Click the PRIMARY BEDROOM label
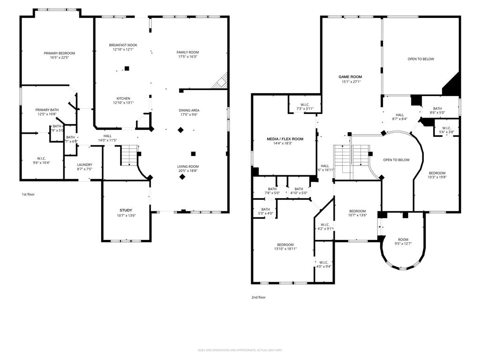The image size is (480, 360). point(59,53)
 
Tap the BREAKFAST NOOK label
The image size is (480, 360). point(123,45)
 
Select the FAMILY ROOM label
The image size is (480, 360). point(187,52)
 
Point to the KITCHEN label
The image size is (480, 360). point(123,98)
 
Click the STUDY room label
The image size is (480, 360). point(126,210)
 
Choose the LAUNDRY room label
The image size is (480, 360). point(84,165)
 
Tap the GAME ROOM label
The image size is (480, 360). point(350,77)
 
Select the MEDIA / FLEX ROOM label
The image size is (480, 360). point(285,139)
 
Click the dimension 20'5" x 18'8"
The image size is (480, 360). point(187,171)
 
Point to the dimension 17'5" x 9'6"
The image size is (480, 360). point(188,115)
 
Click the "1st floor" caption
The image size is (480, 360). point(28,194)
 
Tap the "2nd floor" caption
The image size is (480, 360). point(258,297)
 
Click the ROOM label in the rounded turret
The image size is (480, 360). point(403,240)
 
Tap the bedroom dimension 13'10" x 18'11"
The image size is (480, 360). point(285,249)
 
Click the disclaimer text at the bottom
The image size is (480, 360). point(240,350)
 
